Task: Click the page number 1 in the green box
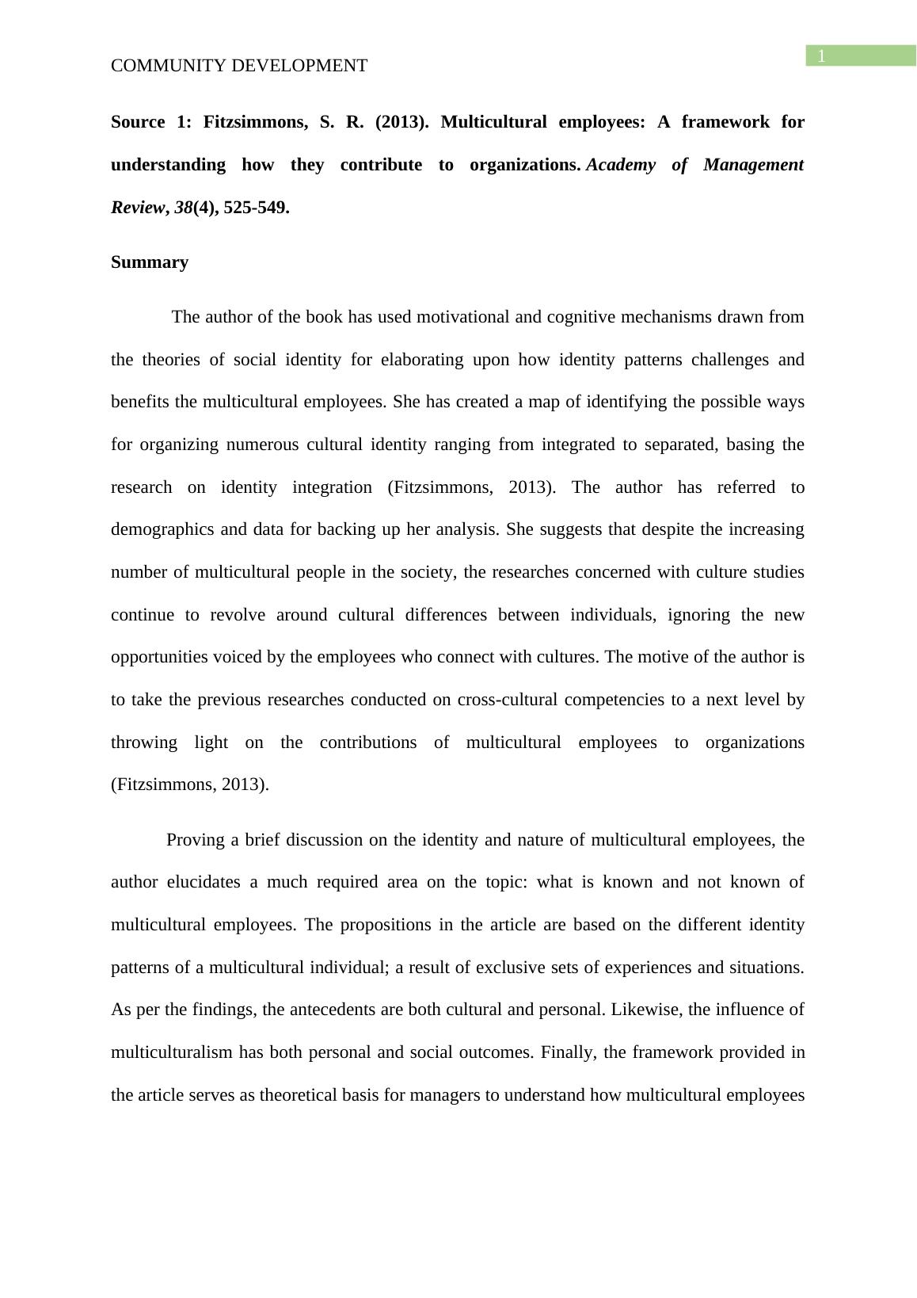pos(822,56)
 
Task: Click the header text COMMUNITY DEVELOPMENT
pos(239,66)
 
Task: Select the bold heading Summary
pos(150,262)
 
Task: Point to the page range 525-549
pos(256,208)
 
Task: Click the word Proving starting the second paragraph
pos(196,840)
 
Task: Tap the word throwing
pos(144,743)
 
